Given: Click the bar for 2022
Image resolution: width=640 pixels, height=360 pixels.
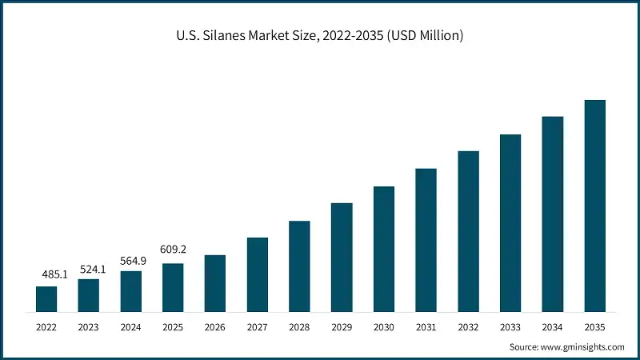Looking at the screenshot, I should click(x=46, y=298).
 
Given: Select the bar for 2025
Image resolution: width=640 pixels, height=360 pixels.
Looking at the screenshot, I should click(x=173, y=287).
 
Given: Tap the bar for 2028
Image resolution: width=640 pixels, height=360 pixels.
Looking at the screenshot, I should click(x=299, y=266).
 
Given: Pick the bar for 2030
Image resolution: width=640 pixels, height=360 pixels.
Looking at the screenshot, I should click(x=384, y=249).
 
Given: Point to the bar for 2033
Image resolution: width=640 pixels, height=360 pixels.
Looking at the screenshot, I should click(x=510, y=222).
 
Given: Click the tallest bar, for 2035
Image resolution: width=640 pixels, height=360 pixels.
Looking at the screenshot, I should click(x=594, y=206).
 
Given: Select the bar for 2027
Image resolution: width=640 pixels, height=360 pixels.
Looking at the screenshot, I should click(x=258, y=274).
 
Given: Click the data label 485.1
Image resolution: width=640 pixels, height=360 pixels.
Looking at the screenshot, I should click(x=54, y=274).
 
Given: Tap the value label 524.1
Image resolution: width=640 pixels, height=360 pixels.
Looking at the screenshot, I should click(x=93, y=269).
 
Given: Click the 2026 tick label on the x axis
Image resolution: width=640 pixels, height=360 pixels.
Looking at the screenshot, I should click(x=215, y=326).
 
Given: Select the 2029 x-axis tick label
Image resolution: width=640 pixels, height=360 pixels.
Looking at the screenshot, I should click(x=342, y=326).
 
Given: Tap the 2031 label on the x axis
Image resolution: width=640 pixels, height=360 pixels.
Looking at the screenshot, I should click(x=426, y=326).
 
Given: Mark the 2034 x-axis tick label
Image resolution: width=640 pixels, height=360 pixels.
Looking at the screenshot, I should click(x=552, y=326).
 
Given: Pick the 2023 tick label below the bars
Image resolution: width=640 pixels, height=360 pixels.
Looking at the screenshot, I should click(x=89, y=326).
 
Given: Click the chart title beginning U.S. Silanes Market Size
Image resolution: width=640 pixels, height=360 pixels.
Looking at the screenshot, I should click(x=320, y=36).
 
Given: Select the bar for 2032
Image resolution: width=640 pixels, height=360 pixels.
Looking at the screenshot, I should click(x=468, y=231).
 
